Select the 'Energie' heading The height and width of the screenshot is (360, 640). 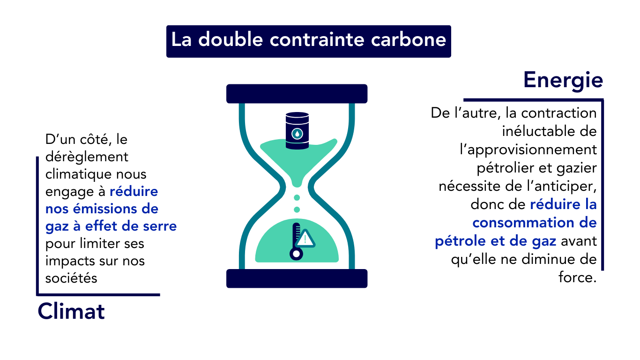pos(563,80)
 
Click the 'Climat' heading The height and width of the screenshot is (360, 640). pos(71,312)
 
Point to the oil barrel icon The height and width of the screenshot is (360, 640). pos(297,131)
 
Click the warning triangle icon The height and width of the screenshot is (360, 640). pos(305,239)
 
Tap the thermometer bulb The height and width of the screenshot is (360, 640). pos(296,254)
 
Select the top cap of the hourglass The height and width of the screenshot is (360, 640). pos(297,94)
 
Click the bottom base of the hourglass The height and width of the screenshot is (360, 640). pos(297,278)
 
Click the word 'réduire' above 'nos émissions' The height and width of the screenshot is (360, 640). pos(134,191)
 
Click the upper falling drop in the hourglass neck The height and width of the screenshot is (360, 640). pos(297,197)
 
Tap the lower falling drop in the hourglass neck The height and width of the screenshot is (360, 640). pos(297,209)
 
